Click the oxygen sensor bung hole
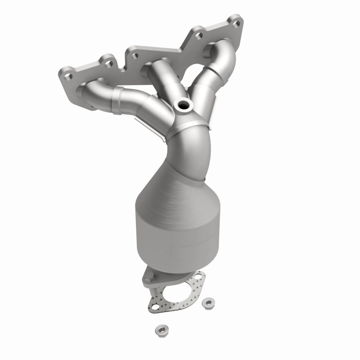(x=184, y=106)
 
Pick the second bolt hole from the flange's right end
(x=198, y=32)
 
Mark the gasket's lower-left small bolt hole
(x=155, y=308)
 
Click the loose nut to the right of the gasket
(x=208, y=302)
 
